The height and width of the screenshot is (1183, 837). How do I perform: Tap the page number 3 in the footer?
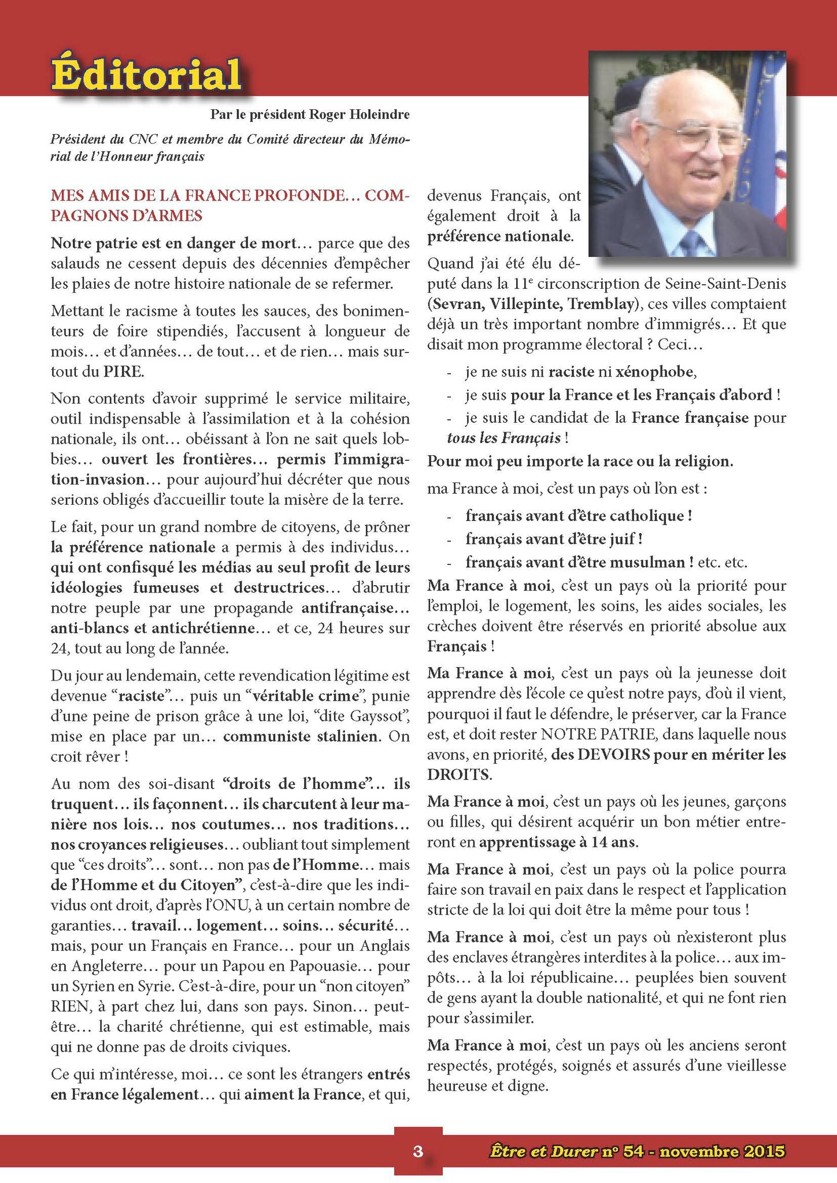(418, 1151)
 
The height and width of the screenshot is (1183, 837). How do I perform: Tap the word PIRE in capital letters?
(123, 371)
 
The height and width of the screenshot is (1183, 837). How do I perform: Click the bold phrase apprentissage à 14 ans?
(558, 842)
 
